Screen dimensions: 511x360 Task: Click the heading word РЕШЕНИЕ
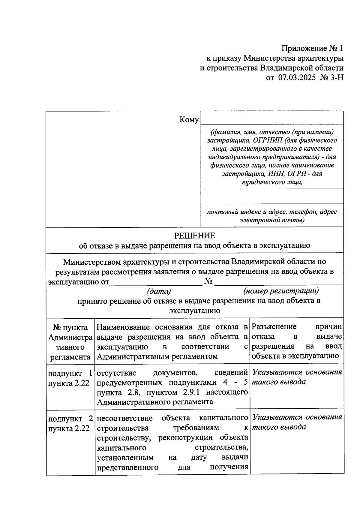pyautogui.click(x=195, y=236)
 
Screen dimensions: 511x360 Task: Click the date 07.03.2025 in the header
pyautogui.click(x=297, y=78)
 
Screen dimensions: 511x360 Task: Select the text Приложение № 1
pyautogui.click(x=312, y=49)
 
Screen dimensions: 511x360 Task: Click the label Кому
pyautogui.click(x=189, y=120)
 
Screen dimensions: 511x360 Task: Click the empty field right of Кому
pyautogui.click(x=272, y=118)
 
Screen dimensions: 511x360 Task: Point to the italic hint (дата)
pyautogui.click(x=159, y=291)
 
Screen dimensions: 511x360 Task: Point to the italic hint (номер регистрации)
pyautogui.click(x=281, y=291)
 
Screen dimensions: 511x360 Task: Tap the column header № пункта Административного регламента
pyautogui.click(x=70, y=342)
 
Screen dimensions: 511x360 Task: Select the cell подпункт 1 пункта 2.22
pyautogui.click(x=70, y=378)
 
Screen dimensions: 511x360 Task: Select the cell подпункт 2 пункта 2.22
pyautogui.click(x=70, y=423)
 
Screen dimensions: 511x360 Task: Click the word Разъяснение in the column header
pyautogui.click(x=274, y=327)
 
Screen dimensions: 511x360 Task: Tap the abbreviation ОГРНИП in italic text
pyautogui.click(x=268, y=140)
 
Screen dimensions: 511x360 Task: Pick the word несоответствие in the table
pyautogui.click(x=124, y=418)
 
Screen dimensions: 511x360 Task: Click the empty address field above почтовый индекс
pyautogui.click(x=272, y=197)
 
